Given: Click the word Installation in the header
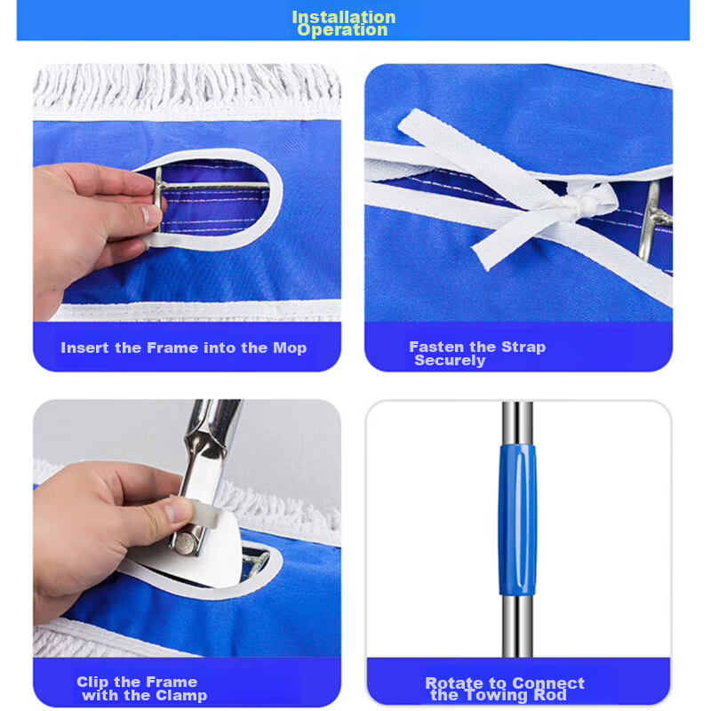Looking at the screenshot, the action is pyautogui.click(x=344, y=17).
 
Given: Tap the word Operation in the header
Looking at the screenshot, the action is pyautogui.click(x=342, y=30).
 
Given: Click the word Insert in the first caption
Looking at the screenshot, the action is pyautogui.click(x=84, y=348).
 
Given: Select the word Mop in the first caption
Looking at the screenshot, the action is pyautogui.click(x=290, y=348).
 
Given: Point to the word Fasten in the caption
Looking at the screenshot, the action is pyautogui.click(x=436, y=347).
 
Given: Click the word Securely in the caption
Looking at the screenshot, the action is pyautogui.click(x=450, y=361).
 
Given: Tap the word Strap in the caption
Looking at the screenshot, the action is pyautogui.click(x=523, y=348).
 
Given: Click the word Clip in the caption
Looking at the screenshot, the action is pyautogui.click(x=93, y=682).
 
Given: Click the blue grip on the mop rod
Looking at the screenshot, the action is pyautogui.click(x=517, y=520).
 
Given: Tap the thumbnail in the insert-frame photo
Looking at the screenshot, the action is pyautogui.click(x=148, y=215).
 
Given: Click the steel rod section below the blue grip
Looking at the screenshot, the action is pyautogui.click(x=517, y=626).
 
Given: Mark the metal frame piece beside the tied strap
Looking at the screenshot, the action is pyautogui.click(x=653, y=220).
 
